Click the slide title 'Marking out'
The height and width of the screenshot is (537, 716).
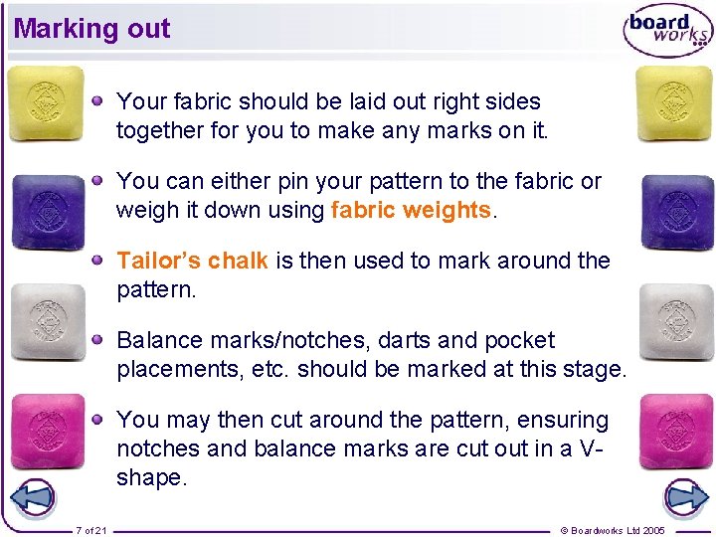tap(91, 29)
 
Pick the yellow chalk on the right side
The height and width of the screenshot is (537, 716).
tap(674, 103)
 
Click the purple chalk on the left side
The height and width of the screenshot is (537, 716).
tap(47, 211)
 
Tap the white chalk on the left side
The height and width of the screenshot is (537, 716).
tap(46, 321)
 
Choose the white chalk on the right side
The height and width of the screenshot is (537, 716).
tap(676, 320)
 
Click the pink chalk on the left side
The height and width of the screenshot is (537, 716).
tap(47, 431)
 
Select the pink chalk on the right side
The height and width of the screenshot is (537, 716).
tap(676, 431)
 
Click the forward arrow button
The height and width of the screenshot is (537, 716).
tap(685, 496)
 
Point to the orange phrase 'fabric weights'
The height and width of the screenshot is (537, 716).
tap(411, 210)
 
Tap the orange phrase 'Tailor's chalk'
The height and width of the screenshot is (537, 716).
tap(192, 261)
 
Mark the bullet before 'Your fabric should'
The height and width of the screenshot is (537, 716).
tap(98, 100)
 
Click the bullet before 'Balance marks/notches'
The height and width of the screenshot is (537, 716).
tap(98, 339)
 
